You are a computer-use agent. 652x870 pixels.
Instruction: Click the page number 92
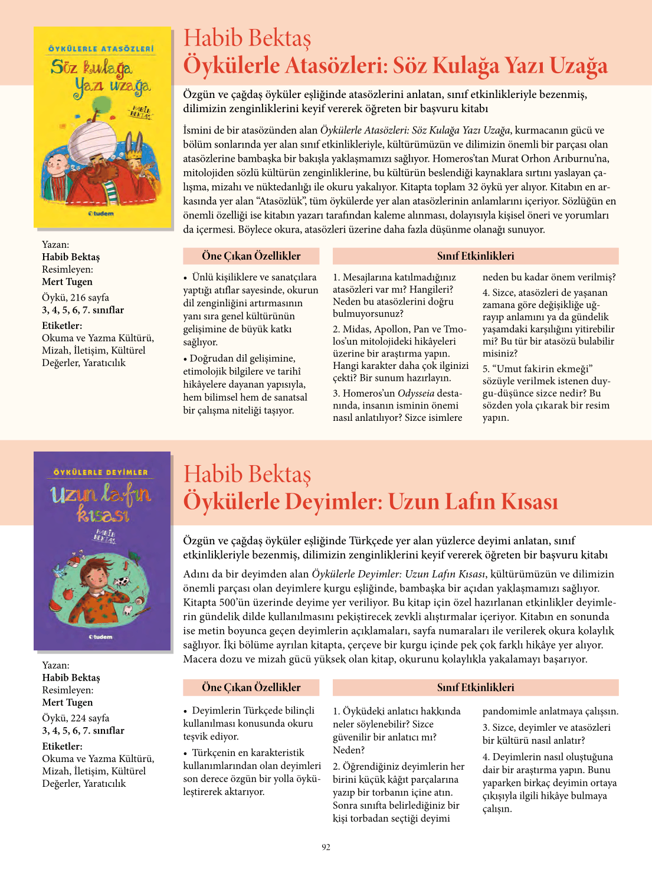[326, 847]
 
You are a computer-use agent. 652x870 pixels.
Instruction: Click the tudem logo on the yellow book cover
[101, 213]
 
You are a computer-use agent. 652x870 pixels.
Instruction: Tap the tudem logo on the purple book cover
[101, 637]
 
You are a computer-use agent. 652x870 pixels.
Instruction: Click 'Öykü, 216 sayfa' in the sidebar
[75, 297]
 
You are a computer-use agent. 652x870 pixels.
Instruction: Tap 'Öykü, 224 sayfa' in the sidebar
[75, 718]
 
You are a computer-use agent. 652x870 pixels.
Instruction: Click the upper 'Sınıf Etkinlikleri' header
[475, 256]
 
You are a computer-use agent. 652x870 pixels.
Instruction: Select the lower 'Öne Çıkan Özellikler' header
[251, 688]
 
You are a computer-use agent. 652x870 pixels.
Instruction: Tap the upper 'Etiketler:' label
[62, 326]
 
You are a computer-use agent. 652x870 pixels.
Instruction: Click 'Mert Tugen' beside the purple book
[67, 702]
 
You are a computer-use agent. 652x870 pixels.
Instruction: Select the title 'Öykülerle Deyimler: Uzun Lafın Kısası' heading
[370, 502]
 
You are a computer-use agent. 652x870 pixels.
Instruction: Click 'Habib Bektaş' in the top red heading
[247, 38]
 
